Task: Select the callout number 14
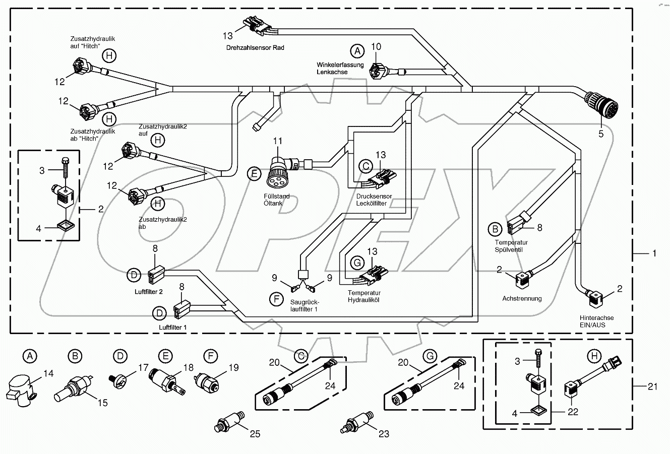tap(48, 374)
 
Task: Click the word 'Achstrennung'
tap(522, 298)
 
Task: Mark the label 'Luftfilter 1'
tap(173, 327)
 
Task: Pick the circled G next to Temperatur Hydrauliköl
tap(356, 263)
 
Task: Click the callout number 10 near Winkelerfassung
tap(377, 47)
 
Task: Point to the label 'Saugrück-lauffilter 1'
tap(304, 306)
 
